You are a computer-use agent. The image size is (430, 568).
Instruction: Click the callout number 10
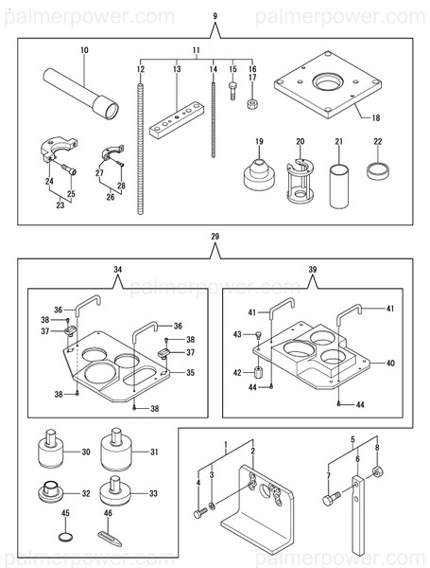click(x=84, y=49)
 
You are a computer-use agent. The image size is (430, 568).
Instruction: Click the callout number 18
click(x=376, y=118)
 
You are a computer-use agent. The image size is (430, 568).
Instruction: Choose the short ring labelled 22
click(x=378, y=172)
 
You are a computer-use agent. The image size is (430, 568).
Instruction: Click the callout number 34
click(x=118, y=271)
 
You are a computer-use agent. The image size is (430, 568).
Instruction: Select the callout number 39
click(x=313, y=271)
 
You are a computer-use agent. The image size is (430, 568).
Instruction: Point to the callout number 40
click(x=391, y=363)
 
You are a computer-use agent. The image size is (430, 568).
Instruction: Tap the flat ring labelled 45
click(x=64, y=538)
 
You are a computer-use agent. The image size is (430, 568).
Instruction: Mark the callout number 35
click(x=190, y=373)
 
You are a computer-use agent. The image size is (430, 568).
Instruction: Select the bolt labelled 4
click(x=199, y=513)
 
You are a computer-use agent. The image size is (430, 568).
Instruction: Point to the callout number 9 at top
click(x=215, y=17)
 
